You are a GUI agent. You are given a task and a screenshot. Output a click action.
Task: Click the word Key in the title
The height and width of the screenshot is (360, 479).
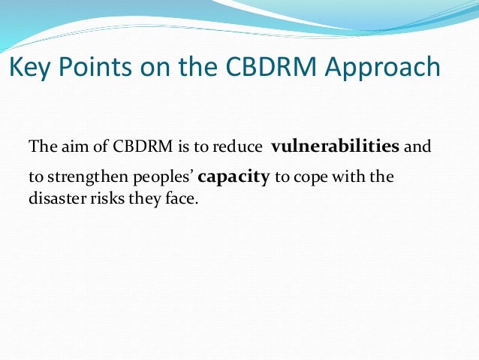click(x=31, y=68)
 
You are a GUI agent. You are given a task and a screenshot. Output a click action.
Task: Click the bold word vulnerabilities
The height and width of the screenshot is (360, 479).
click(x=336, y=146)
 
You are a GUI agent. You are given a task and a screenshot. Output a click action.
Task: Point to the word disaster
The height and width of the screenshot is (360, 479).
click(x=55, y=201)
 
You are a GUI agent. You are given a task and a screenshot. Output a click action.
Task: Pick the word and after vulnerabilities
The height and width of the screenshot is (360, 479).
click(x=417, y=147)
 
